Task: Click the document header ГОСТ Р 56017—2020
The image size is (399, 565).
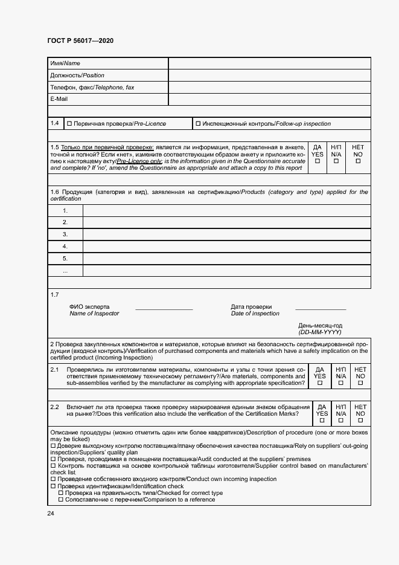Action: tap(80, 40)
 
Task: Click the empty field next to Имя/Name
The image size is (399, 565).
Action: tap(269, 63)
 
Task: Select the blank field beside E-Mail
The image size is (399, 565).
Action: tap(269, 99)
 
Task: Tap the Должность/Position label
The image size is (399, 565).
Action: tap(77, 76)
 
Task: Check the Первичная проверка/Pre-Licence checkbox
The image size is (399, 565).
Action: tap(69, 124)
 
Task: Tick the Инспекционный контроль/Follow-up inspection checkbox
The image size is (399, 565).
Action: tap(198, 124)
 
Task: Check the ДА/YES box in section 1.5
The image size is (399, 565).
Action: tap(318, 161)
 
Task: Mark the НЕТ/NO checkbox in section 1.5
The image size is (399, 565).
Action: tap(358, 161)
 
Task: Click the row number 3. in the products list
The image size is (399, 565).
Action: tap(65, 234)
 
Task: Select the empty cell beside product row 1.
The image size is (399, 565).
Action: tap(226, 210)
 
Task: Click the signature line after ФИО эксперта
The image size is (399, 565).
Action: tap(164, 309)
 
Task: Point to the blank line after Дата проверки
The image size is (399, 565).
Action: tap(320, 309)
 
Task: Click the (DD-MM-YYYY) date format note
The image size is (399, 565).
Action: tap(320, 332)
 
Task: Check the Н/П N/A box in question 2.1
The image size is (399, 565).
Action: tap(341, 383)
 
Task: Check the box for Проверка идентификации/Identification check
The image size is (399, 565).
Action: tap(53, 486)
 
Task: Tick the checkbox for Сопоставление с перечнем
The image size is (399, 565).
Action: tap(60, 500)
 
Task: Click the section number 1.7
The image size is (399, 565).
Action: tap(55, 295)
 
